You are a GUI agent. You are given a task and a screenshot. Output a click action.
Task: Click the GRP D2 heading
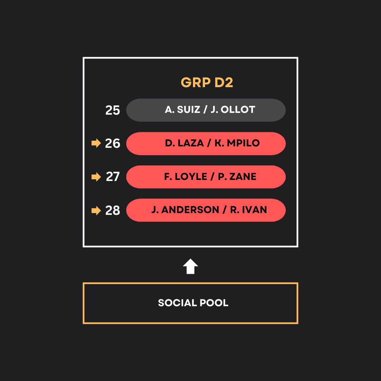(207, 83)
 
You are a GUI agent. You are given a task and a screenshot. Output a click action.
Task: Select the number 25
(113, 110)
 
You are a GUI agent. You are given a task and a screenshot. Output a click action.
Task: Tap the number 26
(113, 144)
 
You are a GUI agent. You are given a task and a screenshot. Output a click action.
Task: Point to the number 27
(113, 177)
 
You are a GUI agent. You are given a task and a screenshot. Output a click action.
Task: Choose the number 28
(113, 211)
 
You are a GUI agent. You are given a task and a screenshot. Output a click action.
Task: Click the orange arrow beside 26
(96, 143)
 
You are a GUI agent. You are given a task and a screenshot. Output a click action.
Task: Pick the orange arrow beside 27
(96, 177)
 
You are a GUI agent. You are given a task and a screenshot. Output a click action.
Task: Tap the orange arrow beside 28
(96, 211)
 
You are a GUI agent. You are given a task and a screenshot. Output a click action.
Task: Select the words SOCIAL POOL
(193, 303)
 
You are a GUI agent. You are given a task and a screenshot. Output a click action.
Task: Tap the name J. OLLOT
(233, 110)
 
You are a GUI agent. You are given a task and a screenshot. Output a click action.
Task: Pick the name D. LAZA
(184, 143)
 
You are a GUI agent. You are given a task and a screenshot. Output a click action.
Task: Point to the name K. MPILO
(237, 143)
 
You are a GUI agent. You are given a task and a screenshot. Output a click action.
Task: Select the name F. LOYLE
(186, 177)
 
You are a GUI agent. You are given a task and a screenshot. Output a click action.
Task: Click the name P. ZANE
(237, 177)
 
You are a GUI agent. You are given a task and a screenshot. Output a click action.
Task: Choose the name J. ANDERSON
(185, 210)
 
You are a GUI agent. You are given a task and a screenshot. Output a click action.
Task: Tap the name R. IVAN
(248, 210)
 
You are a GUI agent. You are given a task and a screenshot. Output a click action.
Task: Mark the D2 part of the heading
(224, 83)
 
